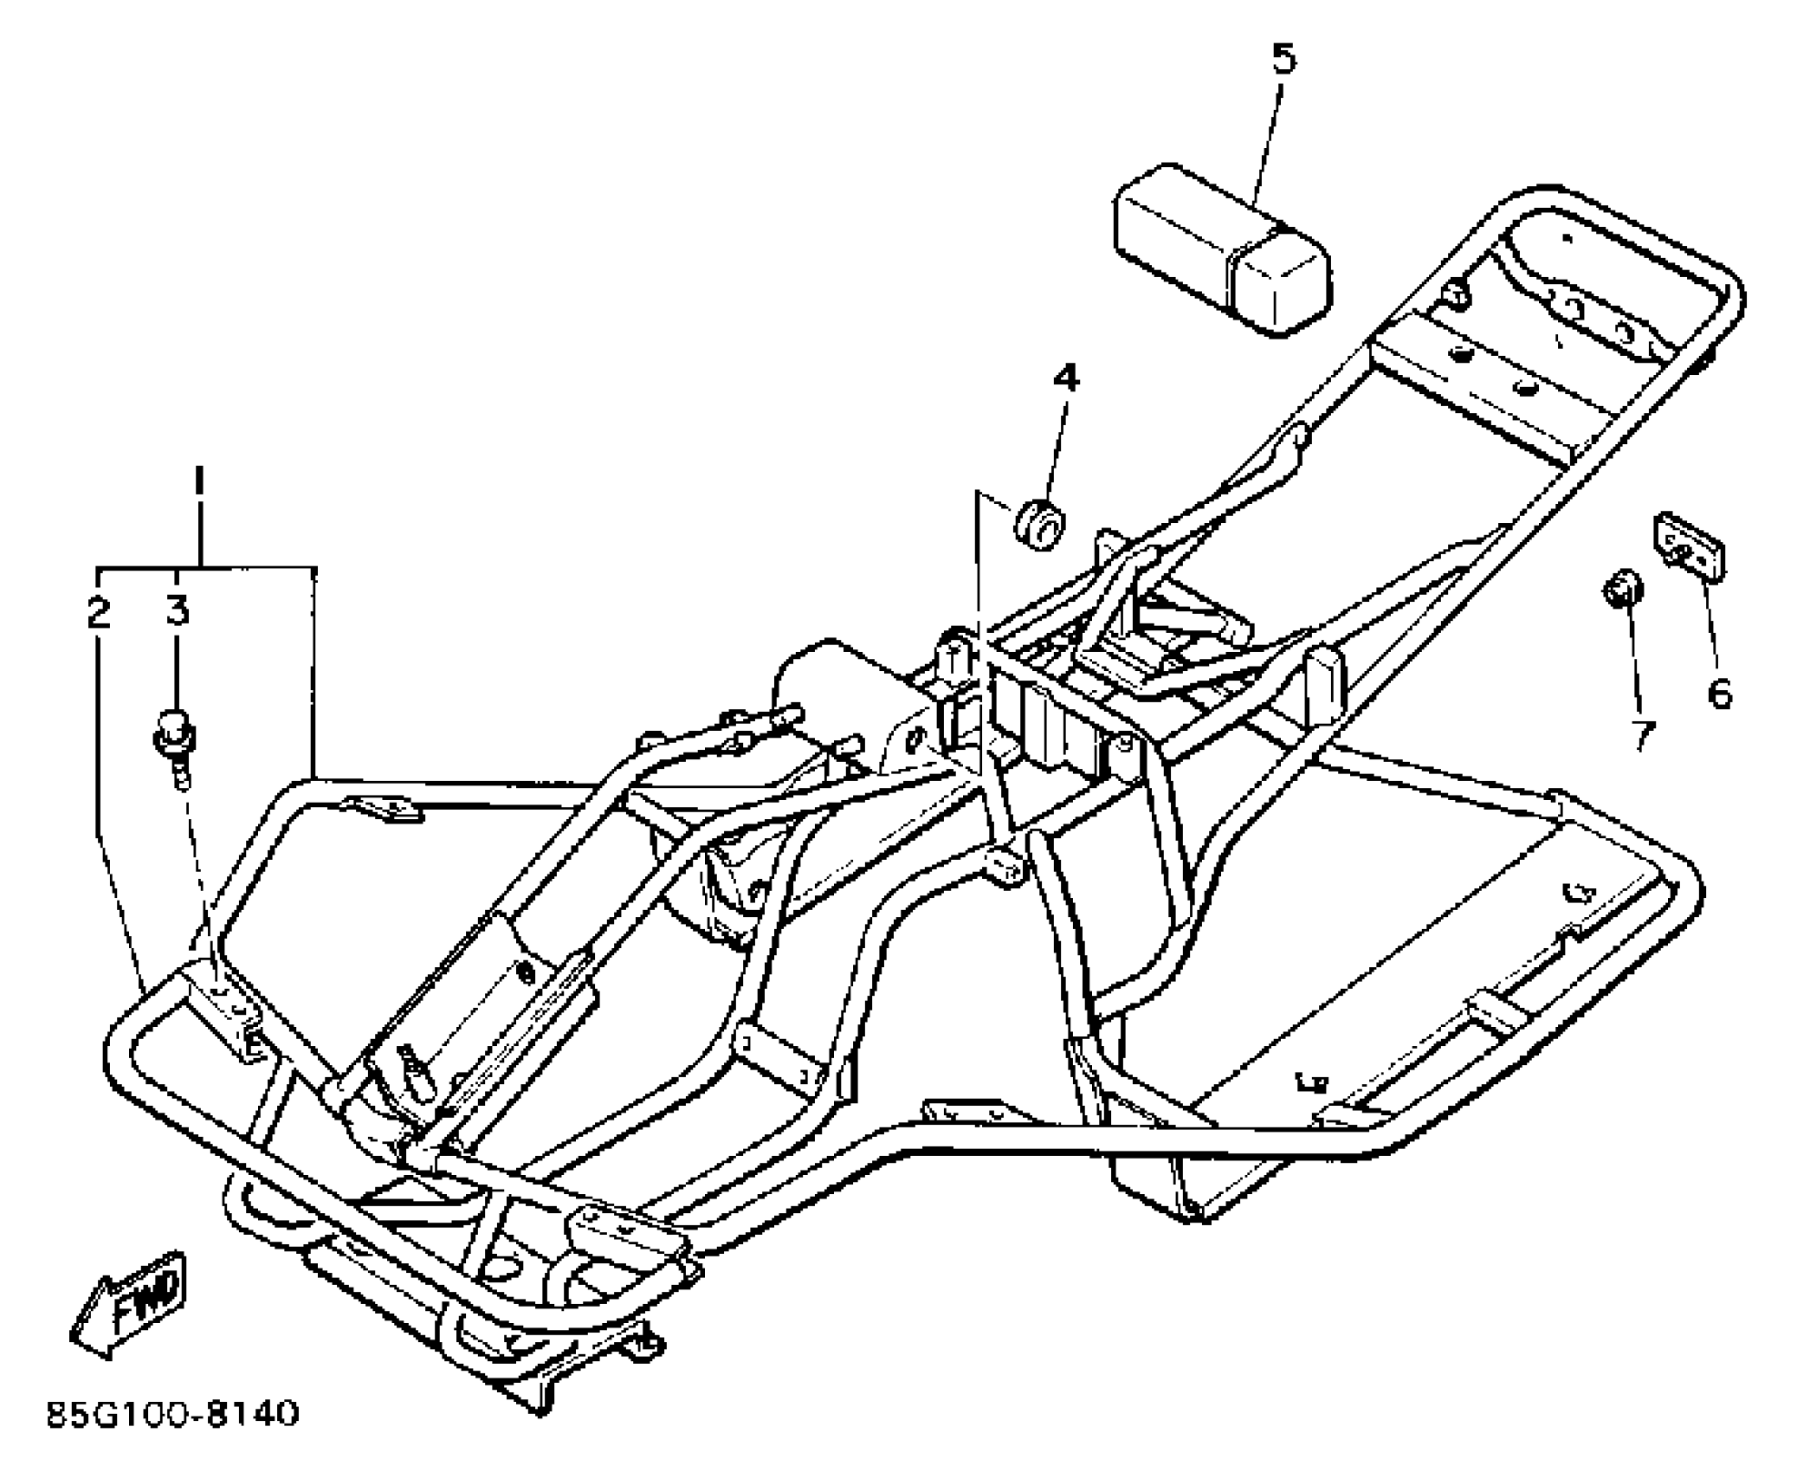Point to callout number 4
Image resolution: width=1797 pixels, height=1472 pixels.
pyautogui.click(x=1066, y=378)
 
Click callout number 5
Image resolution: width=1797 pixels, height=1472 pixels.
pyautogui.click(x=1283, y=58)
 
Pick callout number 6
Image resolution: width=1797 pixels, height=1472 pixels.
pyautogui.click(x=1719, y=692)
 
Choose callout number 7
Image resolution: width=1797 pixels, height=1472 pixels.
pyautogui.click(x=1640, y=735)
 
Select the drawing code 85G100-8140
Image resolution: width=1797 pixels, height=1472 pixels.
pyautogui.click(x=172, y=1414)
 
